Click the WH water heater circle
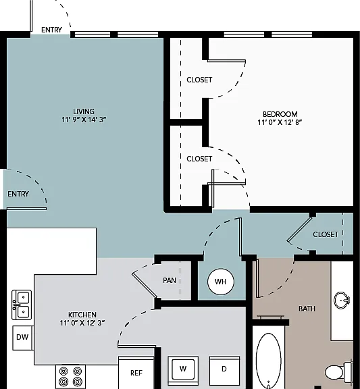(x=221, y=282)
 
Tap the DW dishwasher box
(x=22, y=338)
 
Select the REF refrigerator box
(x=136, y=373)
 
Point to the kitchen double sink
(x=22, y=305)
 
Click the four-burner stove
(x=70, y=377)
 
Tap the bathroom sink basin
(x=342, y=300)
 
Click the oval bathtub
(x=268, y=361)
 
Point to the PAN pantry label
(x=170, y=280)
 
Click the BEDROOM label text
(x=280, y=114)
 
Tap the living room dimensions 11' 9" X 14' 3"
(x=84, y=120)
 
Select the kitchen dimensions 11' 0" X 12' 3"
(x=82, y=323)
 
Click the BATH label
(x=307, y=309)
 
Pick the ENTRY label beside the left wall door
(x=18, y=194)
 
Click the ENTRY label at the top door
(x=51, y=30)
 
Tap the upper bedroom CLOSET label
(x=199, y=80)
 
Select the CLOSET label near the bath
(x=326, y=234)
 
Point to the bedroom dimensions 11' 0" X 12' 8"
(x=280, y=122)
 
